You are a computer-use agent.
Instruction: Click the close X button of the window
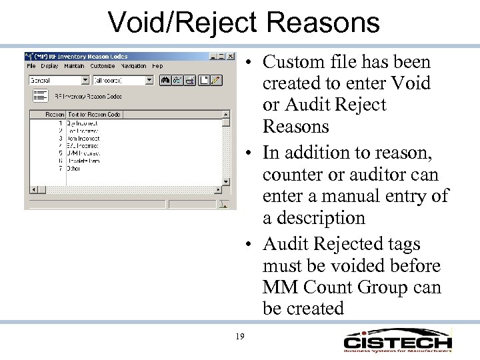tap(231, 56)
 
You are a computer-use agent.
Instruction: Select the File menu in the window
tap(31, 66)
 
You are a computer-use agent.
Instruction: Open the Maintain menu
tap(75, 66)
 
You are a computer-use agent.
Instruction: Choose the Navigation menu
tap(133, 66)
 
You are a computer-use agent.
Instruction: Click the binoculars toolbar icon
tap(166, 80)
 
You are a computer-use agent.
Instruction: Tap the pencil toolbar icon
tap(217, 80)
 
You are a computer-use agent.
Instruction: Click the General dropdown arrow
tap(85, 80)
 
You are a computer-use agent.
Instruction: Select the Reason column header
tap(55, 115)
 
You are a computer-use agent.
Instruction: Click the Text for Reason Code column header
tap(93, 115)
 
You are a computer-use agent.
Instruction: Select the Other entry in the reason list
tap(73, 169)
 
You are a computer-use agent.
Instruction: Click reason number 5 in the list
tap(61, 153)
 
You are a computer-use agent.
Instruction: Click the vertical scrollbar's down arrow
tap(226, 181)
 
